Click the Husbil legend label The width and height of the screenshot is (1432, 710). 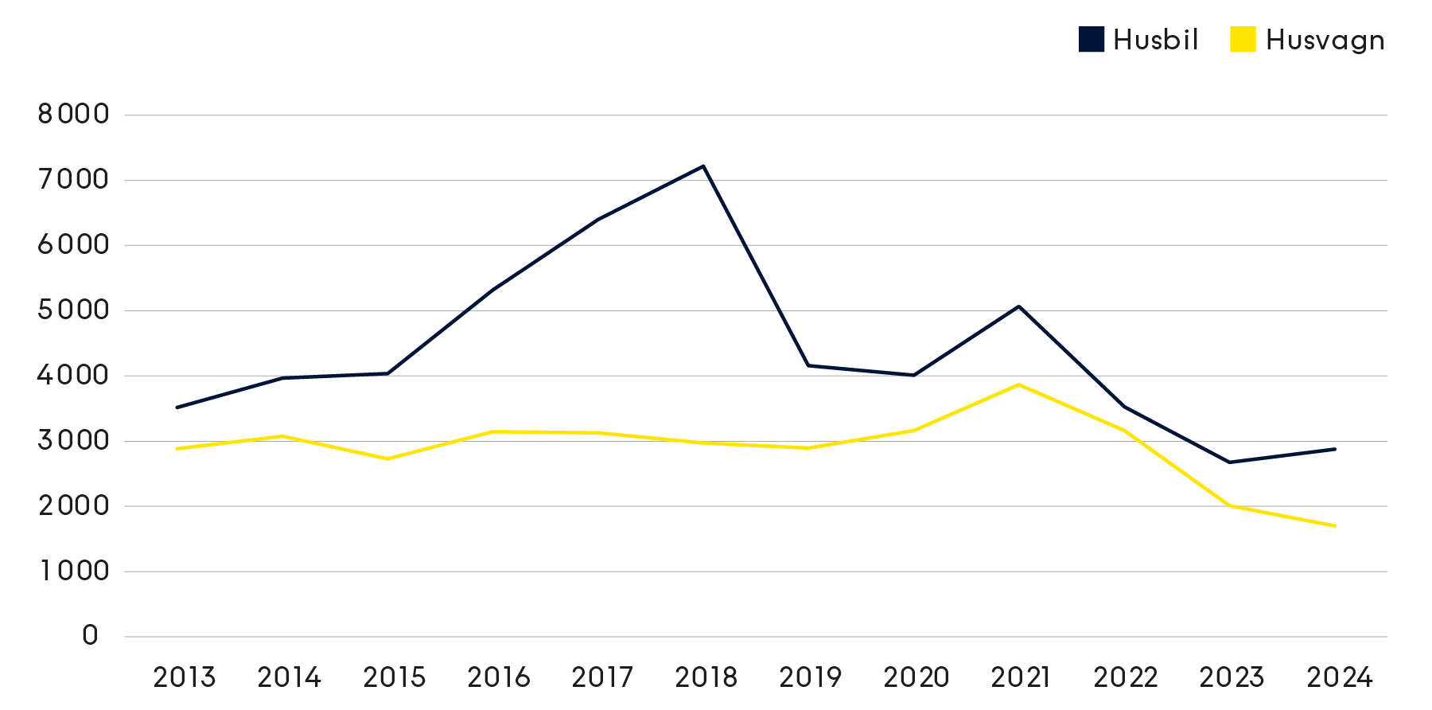click(x=1155, y=40)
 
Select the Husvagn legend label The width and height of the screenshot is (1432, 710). click(x=1325, y=40)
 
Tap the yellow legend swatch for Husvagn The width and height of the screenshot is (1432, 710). click(x=1243, y=40)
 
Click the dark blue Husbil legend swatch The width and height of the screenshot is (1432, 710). click(x=1092, y=40)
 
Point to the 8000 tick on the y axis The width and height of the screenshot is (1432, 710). click(x=73, y=115)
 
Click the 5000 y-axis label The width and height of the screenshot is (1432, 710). click(x=73, y=310)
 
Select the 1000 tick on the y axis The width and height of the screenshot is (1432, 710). click(x=73, y=571)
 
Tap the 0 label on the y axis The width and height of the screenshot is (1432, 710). click(x=90, y=636)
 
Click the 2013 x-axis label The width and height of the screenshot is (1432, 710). click(x=184, y=677)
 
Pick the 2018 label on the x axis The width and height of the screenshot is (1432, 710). click(x=706, y=677)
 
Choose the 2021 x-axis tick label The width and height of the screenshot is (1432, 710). click(x=1020, y=677)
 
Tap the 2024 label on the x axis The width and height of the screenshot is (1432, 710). click(x=1340, y=677)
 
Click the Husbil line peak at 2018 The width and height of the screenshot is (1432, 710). click(x=704, y=166)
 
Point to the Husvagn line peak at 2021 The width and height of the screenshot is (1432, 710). click(x=1019, y=384)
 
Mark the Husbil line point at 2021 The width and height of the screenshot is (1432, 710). click(x=1019, y=306)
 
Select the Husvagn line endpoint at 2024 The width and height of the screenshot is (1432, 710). click(x=1334, y=526)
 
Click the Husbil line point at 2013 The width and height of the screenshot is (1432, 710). click(x=177, y=408)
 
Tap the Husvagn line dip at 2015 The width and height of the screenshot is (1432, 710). click(x=387, y=458)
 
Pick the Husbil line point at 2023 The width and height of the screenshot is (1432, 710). click(x=1230, y=462)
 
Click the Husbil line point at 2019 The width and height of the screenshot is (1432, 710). click(x=809, y=365)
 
